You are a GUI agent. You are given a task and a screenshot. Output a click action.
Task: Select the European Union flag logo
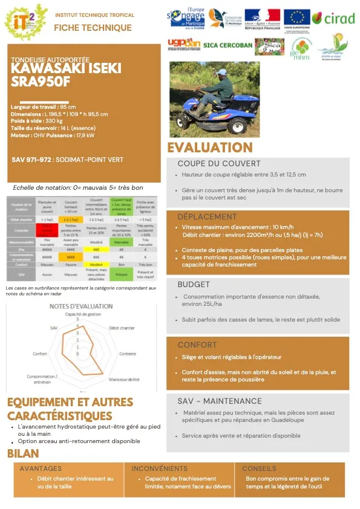tap(296, 18)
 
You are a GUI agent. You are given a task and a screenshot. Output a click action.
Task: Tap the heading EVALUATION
tap(210, 148)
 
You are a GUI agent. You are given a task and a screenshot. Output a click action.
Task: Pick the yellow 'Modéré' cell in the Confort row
tap(96, 264)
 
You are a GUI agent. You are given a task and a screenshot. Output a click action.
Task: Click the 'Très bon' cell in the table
tap(146, 264)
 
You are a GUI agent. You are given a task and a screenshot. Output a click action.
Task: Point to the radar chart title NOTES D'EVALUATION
tap(81, 306)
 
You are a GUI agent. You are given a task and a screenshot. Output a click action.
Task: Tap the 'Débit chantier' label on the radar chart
tap(122, 327)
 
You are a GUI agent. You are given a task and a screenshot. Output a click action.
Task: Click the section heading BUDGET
tap(194, 285)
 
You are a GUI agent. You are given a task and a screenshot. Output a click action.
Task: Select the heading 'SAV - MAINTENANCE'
tap(220, 401)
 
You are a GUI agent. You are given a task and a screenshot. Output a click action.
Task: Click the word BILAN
tap(23, 453)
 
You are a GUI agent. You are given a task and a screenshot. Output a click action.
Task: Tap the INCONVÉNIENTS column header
tap(160, 468)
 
